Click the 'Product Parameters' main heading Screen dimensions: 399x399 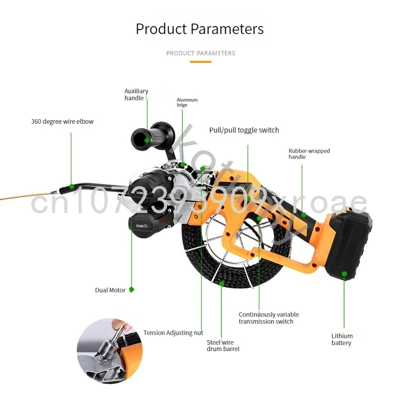[199, 28]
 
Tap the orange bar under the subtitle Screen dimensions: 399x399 [200, 62]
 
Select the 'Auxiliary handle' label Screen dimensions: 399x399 [136, 95]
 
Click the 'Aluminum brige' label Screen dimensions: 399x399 [187, 102]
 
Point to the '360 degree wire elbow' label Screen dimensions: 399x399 [62, 121]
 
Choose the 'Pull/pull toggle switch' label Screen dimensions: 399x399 [244, 130]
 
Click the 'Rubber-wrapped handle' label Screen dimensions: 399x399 [309, 154]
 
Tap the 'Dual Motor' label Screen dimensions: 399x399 [110, 290]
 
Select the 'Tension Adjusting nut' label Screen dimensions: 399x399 [173, 333]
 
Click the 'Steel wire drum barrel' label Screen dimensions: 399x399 [223, 346]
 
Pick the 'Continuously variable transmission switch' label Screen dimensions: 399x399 [268, 318]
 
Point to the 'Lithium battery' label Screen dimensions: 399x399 [342, 339]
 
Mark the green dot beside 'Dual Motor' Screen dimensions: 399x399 [132, 289]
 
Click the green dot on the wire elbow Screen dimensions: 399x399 [71, 187]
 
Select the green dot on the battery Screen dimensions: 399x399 [344, 273]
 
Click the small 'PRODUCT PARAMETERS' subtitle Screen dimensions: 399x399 [200, 53]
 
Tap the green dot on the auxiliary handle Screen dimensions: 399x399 [147, 140]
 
